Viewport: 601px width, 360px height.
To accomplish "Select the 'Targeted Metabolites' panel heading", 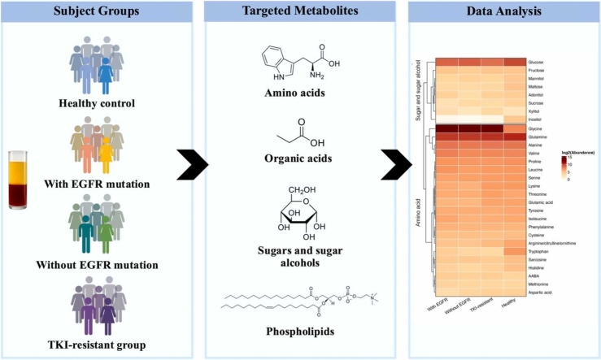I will tap(300, 13).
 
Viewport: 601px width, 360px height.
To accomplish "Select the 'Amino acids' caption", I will tap(301, 93).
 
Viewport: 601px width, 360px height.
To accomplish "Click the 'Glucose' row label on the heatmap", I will tap(536, 63).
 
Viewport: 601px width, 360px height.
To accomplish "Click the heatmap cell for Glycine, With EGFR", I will tap(446, 128).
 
